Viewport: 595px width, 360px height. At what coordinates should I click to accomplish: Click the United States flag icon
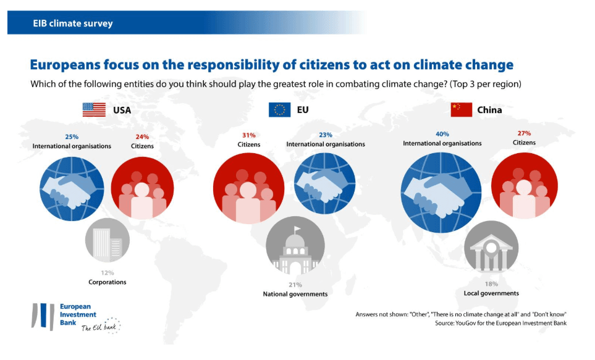(94, 110)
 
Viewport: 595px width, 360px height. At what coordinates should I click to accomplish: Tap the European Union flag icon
(279, 110)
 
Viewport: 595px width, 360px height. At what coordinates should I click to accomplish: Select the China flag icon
(461, 110)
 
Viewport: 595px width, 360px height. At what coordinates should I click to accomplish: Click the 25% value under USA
(72, 137)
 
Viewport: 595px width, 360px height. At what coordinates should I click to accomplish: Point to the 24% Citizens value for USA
(142, 137)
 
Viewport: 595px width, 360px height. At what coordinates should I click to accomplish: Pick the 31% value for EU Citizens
(248, 135)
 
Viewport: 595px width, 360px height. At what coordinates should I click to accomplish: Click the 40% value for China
(442, 134)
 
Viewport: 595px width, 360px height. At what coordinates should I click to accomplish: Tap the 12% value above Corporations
(107, 272)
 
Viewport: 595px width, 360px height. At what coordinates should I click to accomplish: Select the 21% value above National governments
(295, 285)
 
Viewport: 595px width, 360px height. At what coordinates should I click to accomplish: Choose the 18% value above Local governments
(491, 284)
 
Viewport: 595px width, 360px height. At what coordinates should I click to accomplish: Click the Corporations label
(107, 282)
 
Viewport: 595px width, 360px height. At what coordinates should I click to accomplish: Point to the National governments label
(295, 294)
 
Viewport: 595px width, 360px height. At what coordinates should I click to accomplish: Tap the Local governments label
(491, 293)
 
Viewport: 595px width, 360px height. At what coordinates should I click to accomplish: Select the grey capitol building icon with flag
(295, 247)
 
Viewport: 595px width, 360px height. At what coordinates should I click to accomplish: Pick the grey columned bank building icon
(491, 247)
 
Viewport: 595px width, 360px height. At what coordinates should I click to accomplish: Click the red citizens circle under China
(524, 186)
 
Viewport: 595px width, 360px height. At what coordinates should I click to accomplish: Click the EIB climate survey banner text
(73, 24)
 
